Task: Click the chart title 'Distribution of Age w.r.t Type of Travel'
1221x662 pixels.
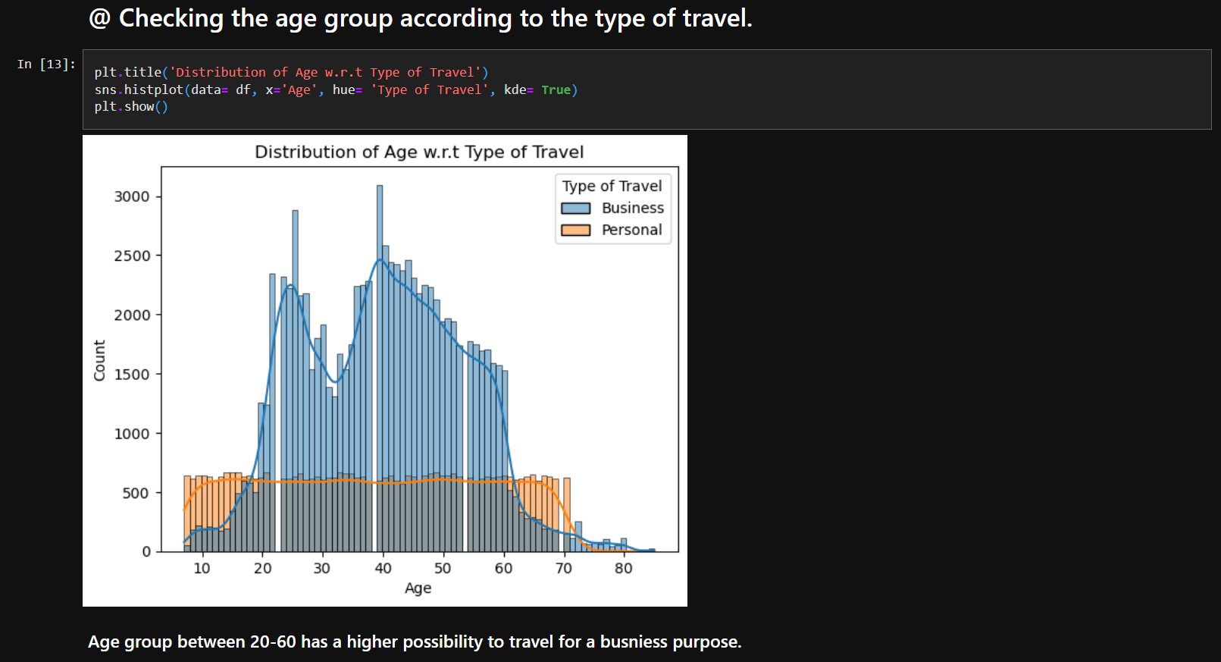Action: pos(419,152)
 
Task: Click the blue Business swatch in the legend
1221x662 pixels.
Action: pos(576,209)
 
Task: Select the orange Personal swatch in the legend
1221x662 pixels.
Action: pos(576,231)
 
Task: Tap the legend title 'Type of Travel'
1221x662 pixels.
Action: pos(612,186)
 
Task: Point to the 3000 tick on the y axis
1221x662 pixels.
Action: pos(132,196)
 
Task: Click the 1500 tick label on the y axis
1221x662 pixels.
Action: pos(132,375)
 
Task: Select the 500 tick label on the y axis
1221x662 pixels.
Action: pos(136,494)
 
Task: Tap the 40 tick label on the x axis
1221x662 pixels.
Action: pos(383,569)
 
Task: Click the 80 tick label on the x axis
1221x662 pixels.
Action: pos(623,569)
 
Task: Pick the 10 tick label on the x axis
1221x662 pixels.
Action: pos(202,569)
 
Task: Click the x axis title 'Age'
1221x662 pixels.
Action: pos(418,588)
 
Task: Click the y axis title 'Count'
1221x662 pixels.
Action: pos(99,360)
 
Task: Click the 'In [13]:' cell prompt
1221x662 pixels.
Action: pos(46,64)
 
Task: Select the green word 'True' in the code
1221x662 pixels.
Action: pos(556,89)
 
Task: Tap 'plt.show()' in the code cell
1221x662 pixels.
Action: pos(131,107)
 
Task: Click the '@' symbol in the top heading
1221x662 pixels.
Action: pos(99,18)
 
